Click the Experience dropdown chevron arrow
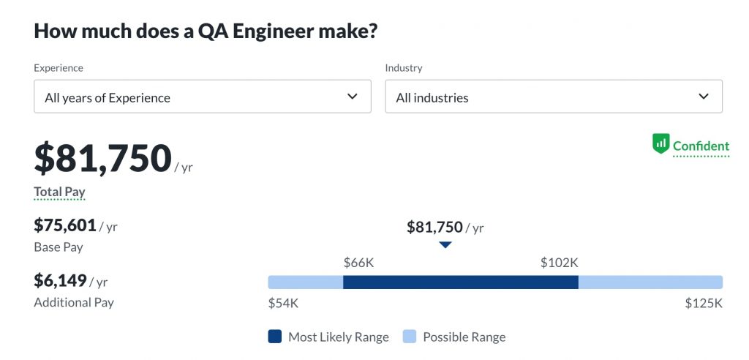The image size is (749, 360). [x=353, y=97]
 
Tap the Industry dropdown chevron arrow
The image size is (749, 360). [x=704, y=97]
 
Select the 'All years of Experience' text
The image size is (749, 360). [x=108, y=98]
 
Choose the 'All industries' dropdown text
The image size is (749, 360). [x=432, y=98]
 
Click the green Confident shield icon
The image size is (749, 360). [x=660, y=143]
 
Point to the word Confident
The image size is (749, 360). [x=701, y=146]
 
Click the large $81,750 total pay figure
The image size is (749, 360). [x=103, y=159]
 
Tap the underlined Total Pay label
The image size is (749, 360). [x=59, y=192]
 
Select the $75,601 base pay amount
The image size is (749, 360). [x=65, y=225]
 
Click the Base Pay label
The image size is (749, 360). [x=59, y=247]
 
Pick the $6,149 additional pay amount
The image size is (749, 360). [x=61, y=280]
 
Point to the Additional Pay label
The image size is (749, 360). [x=74, y=302]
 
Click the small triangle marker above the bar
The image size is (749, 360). [x=445, y=245]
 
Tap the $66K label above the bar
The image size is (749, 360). [x=358, y=263]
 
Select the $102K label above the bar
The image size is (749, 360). [x=560, y=263]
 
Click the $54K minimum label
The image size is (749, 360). [x=283, y=303]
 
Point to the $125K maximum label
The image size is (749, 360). [x=704, y=303]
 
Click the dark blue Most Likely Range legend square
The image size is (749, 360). [x=275, y=337]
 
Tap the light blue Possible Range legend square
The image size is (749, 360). [x=410, y=337]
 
